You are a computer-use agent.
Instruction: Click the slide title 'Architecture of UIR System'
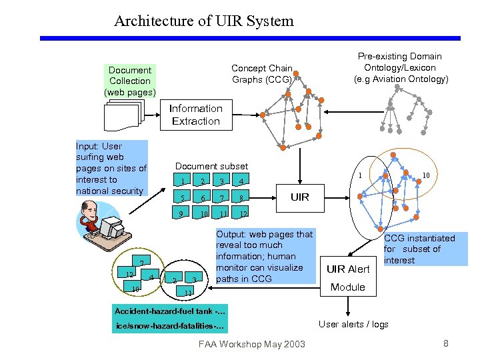click(203, 21)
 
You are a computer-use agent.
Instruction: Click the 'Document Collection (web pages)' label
click(130, 81)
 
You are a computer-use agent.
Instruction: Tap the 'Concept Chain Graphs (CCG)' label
click(261, 74)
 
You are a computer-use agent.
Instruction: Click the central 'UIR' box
click(300, 197)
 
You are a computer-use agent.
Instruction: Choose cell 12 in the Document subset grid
click(245, 214)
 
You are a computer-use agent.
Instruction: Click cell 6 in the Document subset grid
click(202, 198)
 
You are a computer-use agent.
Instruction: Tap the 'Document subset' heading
click(211, 166)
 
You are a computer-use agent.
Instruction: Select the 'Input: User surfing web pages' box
click(111, 168)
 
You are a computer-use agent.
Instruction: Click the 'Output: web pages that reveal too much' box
click(265, 256)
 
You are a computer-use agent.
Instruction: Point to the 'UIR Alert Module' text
click(348, 278)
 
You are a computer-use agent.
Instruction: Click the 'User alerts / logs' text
click(353, 324)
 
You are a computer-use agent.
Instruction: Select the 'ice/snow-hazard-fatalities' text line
click(170, 327)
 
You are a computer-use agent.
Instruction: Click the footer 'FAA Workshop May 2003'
click(251, 344)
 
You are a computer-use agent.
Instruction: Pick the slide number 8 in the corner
click(445, 343)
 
